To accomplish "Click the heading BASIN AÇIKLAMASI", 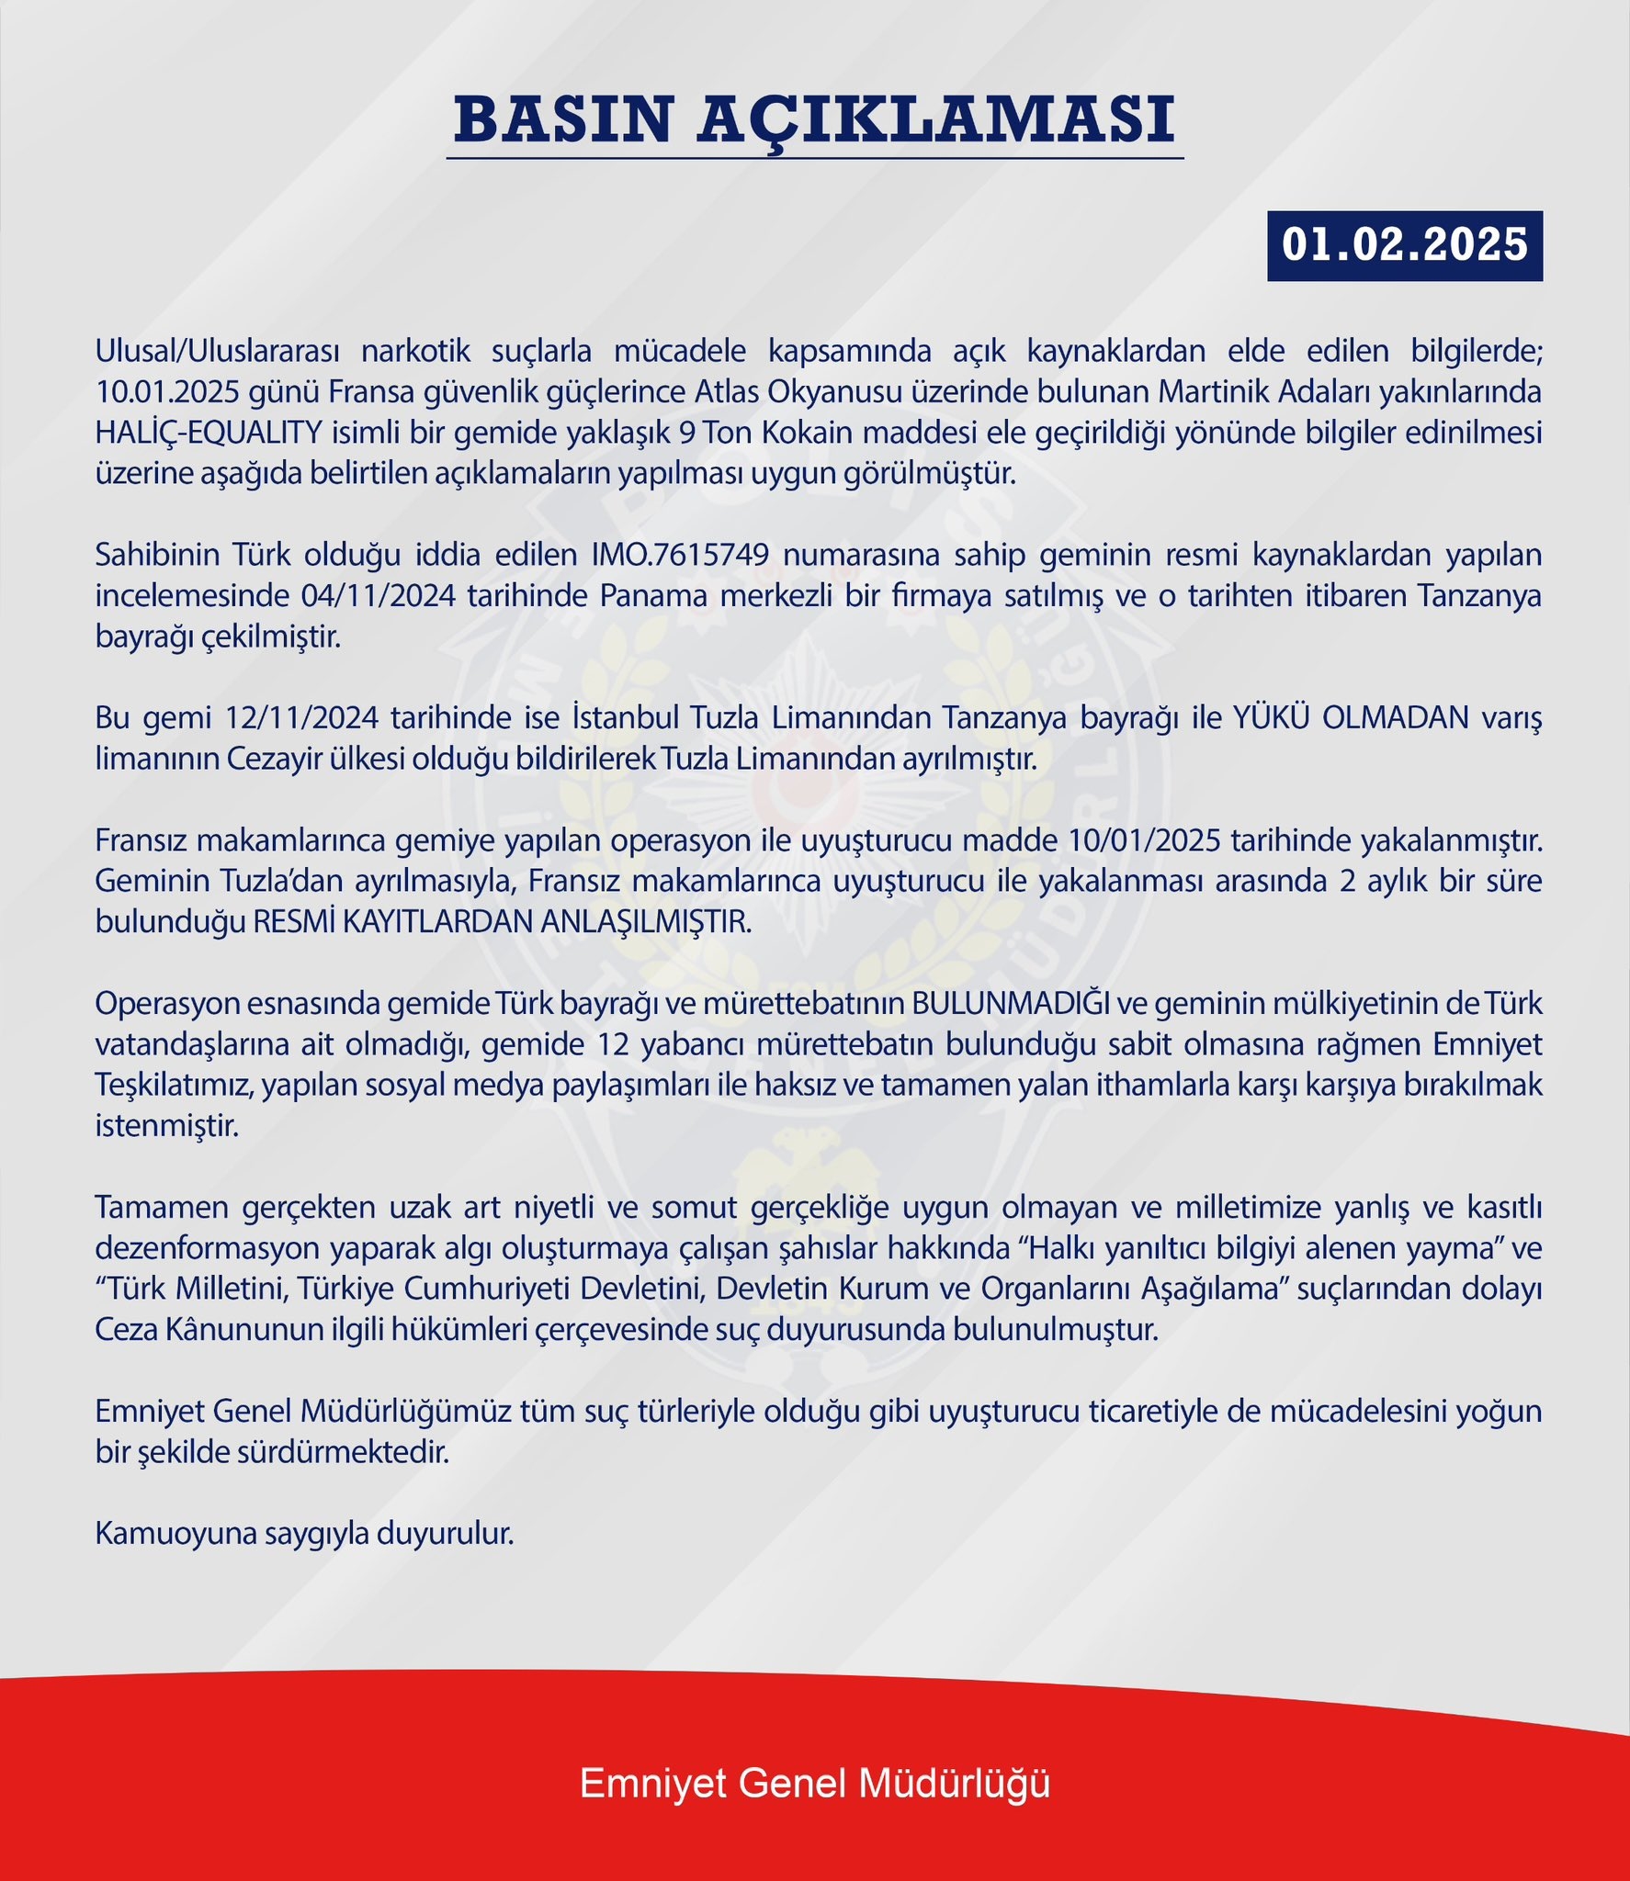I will [814, 119].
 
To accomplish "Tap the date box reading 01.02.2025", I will [1404, 245].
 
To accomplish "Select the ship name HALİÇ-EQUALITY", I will [209, 433].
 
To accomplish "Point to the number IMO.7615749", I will [680, 555].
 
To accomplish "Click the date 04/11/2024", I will [378, 596].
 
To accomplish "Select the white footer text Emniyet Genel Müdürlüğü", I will [814, 1784].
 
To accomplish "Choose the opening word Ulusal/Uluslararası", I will [218, 351].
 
